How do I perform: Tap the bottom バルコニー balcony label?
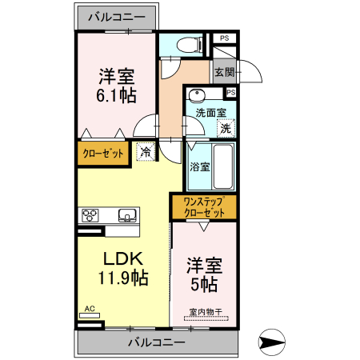click(x=157, y=342)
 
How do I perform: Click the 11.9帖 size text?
click(x=123, y=278)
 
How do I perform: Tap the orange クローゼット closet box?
click(x=104, y=153)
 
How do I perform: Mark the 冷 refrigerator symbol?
click(x=146, y=150)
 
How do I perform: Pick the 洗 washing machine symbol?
click(x=226, y=126)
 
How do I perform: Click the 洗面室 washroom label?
click(x=211, y=113)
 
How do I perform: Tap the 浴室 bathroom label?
click(x=200, y=167)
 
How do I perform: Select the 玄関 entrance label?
click(x=224, y=73)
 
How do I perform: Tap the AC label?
click(x=90, y=308)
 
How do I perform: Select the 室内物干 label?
click(x=204, y=312)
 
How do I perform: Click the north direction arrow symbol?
click(x=274, y=345)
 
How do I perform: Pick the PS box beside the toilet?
click(x=224, y=38)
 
